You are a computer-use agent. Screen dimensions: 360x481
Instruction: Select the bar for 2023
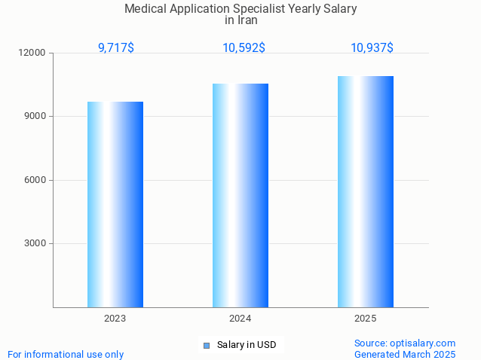(115, 204)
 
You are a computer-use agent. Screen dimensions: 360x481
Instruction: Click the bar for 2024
(240, 195)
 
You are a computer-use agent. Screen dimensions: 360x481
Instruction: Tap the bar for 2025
(366, 191)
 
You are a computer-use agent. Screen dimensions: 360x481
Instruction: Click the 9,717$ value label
(116, 48)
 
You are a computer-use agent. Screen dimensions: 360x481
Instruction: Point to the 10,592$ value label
(244, 48)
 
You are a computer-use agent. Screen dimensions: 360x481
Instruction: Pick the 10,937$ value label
(372, 48)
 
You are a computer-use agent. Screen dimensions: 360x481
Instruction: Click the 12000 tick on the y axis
(33, 53)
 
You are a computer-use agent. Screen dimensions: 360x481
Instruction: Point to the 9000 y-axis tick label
(35, 117)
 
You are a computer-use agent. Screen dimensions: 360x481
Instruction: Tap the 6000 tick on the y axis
(35, 180)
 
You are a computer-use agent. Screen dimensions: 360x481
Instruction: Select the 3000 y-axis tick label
(35, 243)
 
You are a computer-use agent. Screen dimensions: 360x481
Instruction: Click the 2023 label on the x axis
(115, 319)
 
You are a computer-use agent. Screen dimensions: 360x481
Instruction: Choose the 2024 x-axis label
(240, 319)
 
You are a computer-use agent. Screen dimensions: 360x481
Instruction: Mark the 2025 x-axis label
(366, 319)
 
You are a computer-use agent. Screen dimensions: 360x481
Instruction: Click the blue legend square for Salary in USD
(206, 346)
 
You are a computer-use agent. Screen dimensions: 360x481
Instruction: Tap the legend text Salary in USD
(247, 345)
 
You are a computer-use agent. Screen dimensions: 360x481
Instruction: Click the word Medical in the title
(146, 9)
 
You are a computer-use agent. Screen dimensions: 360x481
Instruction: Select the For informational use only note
(66, 354)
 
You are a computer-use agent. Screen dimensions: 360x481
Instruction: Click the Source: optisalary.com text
(405, 343)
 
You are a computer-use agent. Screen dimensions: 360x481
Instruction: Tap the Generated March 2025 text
(405, 354)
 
